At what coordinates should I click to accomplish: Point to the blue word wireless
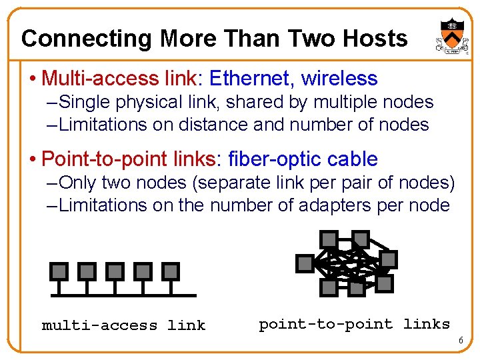(x=339, y=79)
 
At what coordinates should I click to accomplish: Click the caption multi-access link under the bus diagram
(x=123, y=325)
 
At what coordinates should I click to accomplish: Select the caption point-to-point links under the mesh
(x=354, y=325)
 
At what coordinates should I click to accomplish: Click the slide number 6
(x=459, y=341)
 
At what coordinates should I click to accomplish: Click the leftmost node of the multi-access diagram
(x=59, y=271)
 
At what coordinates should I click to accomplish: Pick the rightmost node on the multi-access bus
(x=171, y=271)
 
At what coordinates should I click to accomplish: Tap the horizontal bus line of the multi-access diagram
(x=123, y=295)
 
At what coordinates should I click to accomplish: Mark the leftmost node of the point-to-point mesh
(x=305, y=263)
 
